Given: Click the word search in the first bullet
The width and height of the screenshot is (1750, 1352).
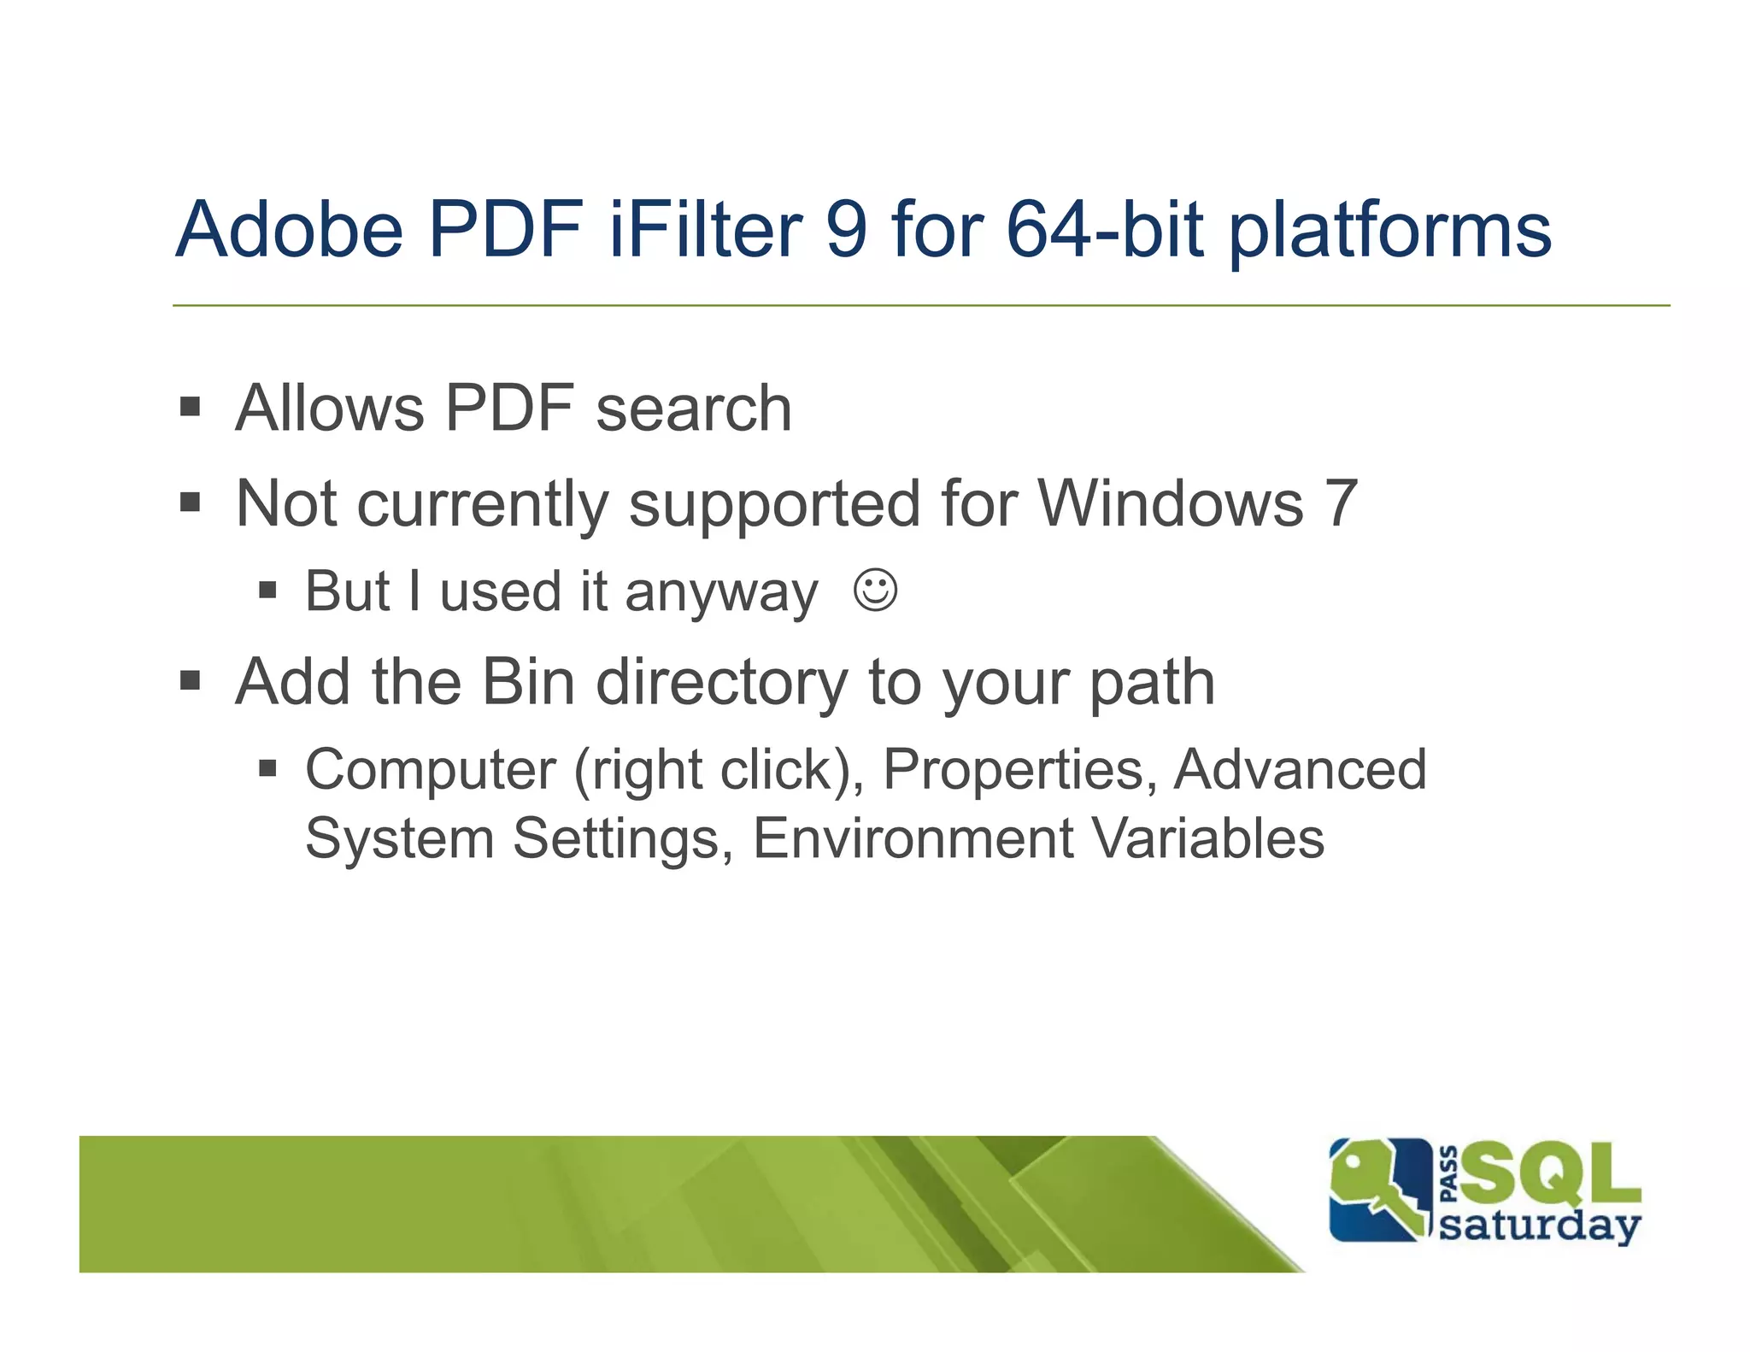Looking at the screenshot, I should pyautogui.click(x=694, y=409).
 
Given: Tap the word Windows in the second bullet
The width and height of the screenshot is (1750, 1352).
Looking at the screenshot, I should pyautogui.click(x=1171, y=503).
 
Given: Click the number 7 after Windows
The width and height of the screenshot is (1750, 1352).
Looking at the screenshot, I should pyautogui.click(x=1341, y=503).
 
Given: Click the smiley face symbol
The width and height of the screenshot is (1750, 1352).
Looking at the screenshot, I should pyautogui.click(x=875, y=590).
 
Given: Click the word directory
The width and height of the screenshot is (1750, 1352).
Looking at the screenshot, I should pyautogui.click(x=721, y=684).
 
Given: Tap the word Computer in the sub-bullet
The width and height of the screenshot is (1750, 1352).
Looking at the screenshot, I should pyautogui.click(x=431, y=770).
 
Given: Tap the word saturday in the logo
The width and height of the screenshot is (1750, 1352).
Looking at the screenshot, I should pyautogui.click(x=1540, y=1226).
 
